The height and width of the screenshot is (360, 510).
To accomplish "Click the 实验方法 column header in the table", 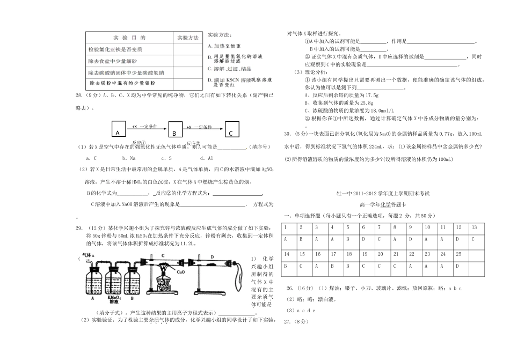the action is [187, 38].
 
